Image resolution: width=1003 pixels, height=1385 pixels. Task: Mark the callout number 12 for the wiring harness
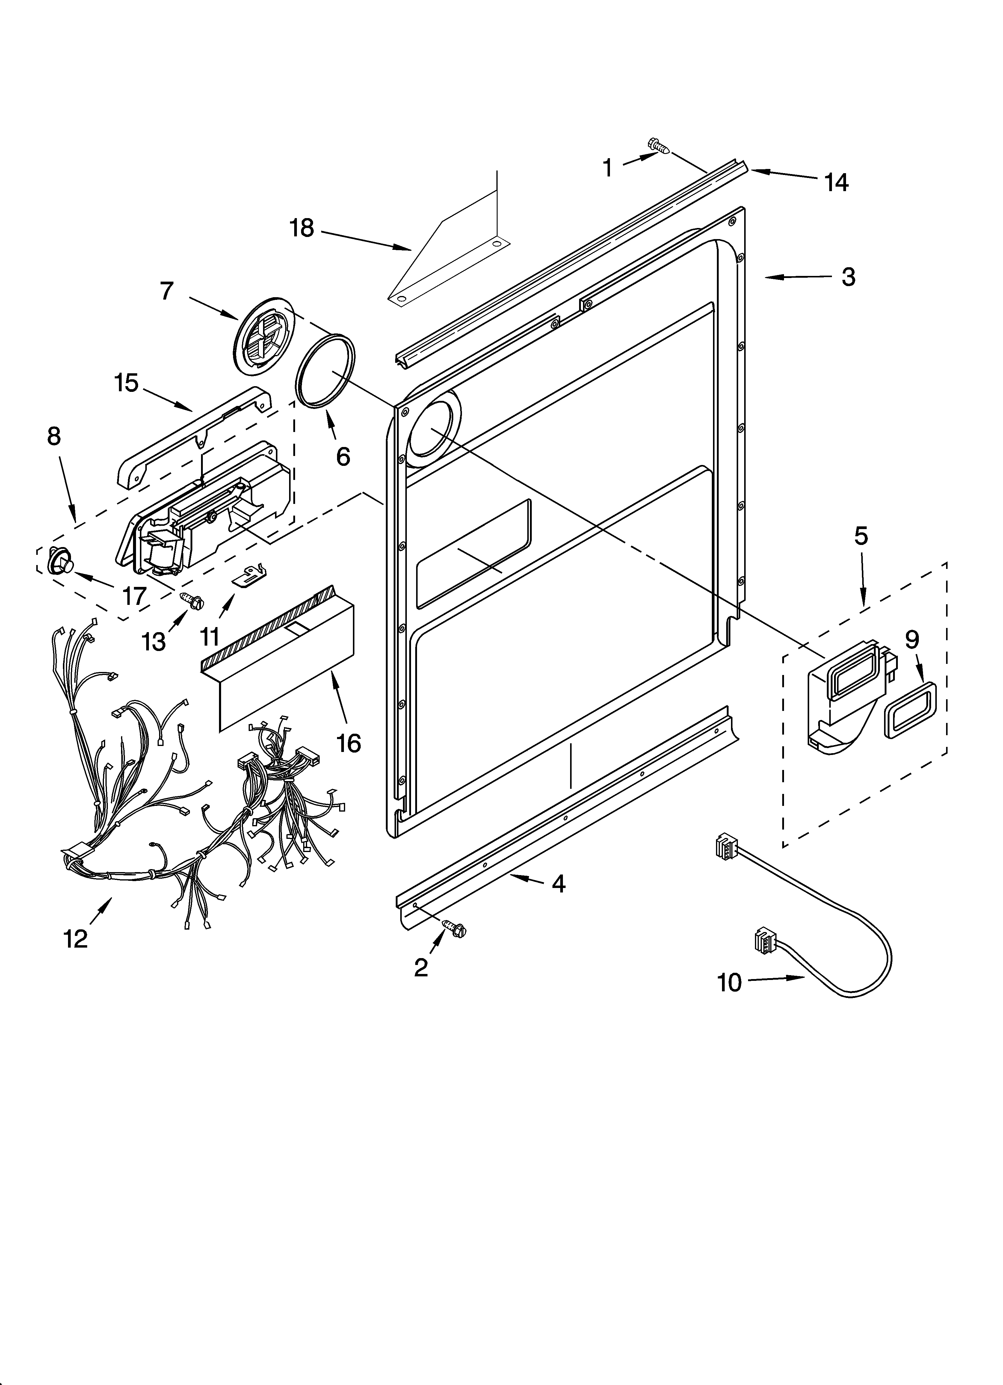coord(76,939)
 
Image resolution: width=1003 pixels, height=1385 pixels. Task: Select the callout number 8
coord(54,436)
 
